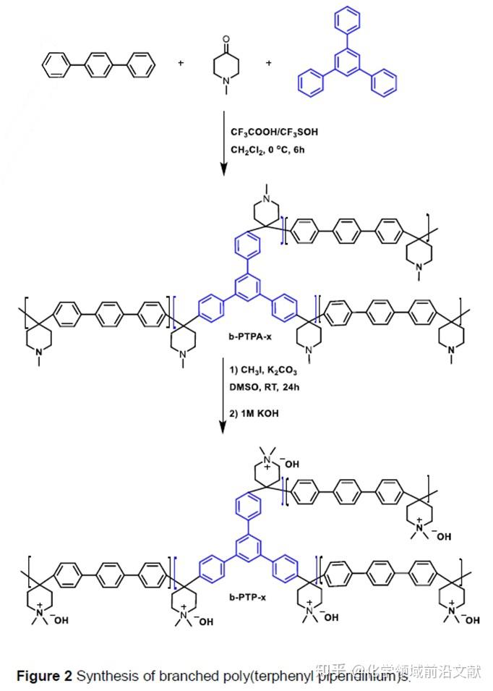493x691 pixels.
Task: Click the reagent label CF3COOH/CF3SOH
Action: (x=274, y=132)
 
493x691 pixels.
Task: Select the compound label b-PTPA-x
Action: (x=249, y=336)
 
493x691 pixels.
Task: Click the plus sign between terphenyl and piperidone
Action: (x=180, y=64)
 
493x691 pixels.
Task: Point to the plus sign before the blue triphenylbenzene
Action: (x=269, y=64)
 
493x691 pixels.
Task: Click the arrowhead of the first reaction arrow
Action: (x=223, y=171)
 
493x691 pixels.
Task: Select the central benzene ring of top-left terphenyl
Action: (x=98, y=67)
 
